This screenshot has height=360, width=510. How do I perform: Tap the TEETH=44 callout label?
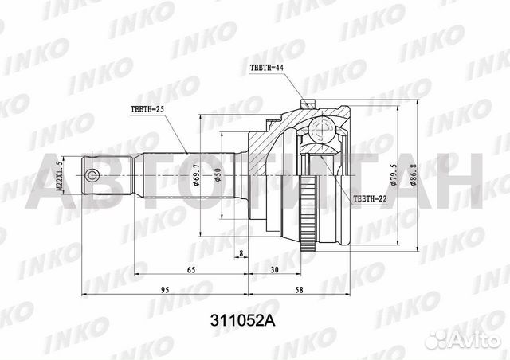(266, 68)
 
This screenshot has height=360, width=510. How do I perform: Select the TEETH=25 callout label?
(147, 108)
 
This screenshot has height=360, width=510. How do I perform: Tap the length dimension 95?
(164, 289)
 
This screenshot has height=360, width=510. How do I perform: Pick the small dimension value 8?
(241, 254)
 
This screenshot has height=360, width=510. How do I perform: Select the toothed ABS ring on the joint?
(312, 216)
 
